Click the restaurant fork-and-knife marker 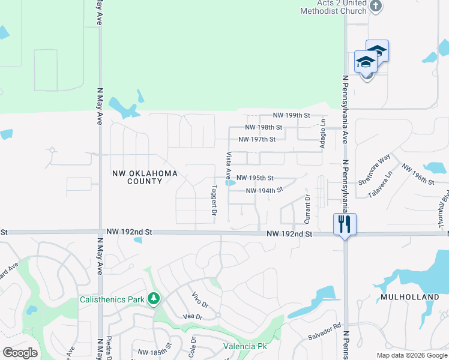point(345,224)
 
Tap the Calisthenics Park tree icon point(154,298)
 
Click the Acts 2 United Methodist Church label point(334,7)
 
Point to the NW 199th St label point(291,115)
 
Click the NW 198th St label point(264,127)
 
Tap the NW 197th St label point(256,139)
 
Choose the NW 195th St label point(255,178)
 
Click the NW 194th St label point(264,191)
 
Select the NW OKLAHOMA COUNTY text point(145,177)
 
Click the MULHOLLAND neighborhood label point(410,297)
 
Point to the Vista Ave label point(228,166)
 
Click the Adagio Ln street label point(322,133)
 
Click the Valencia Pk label point(245,346)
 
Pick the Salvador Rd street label point(324,338)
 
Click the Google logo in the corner point(20,353)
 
